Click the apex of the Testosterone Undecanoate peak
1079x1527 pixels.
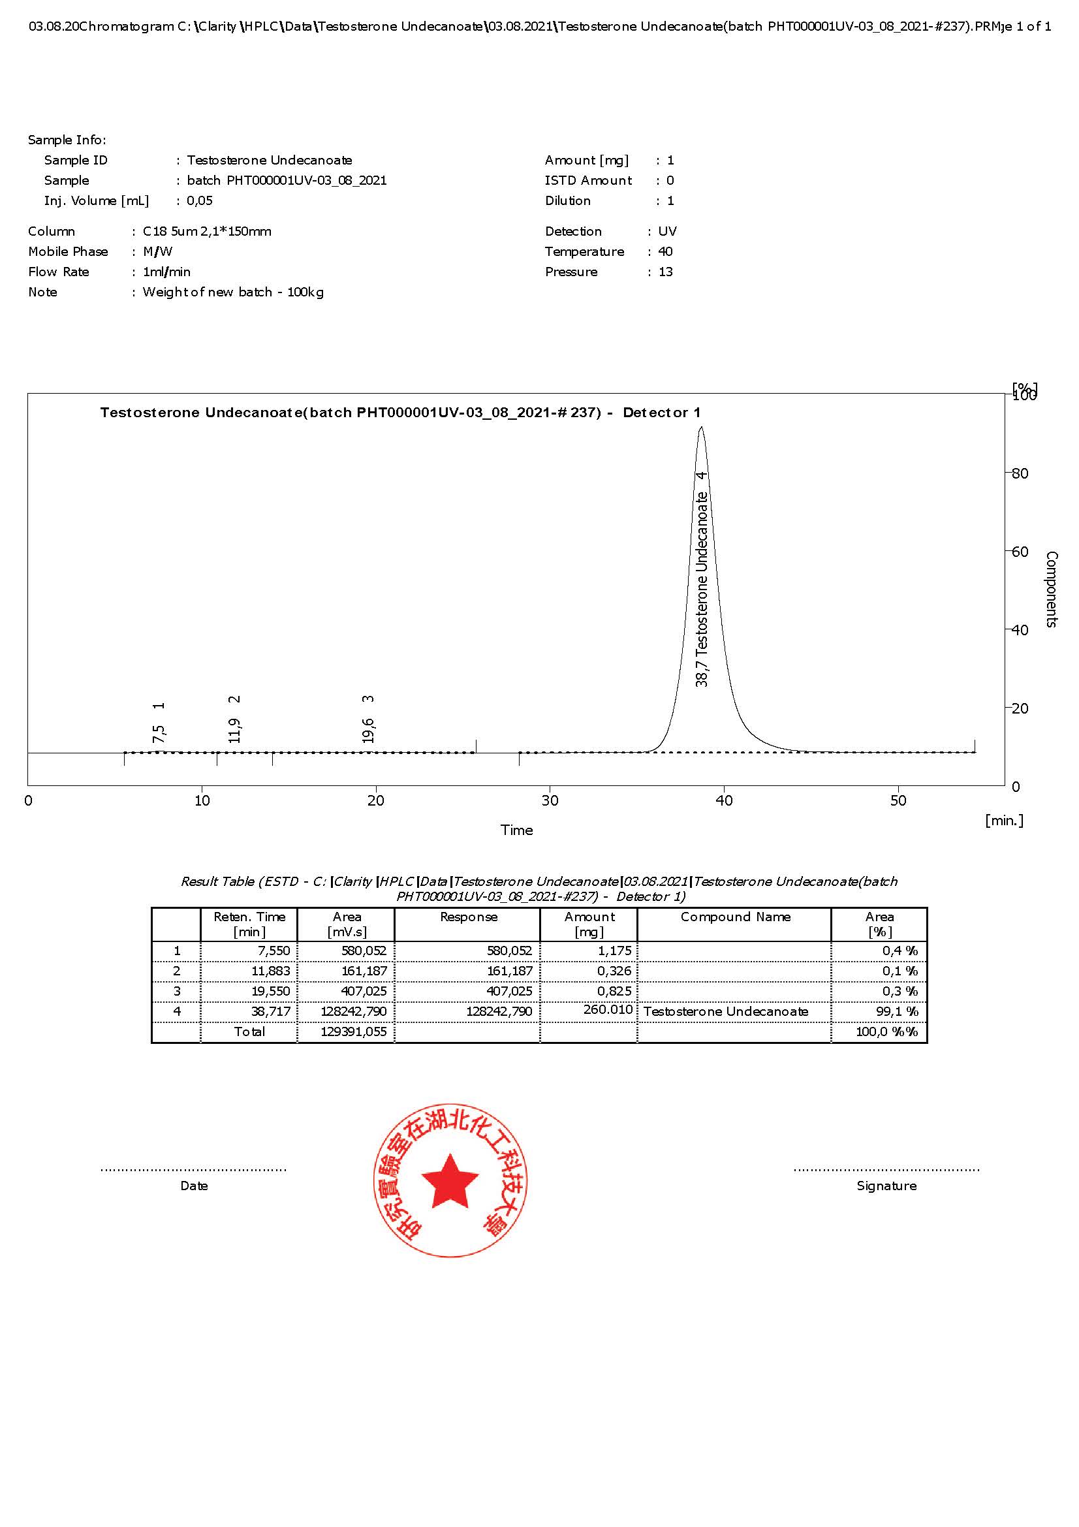pyautogui.click(x=700, y=428)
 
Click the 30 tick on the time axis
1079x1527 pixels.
pyautogui.click(x=550, y=801)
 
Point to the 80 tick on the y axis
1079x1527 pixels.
pyautogui.click(x=1019, y=473)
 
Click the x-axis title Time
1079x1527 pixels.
pyautogui.click(x=516, y=830)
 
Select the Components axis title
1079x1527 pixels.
pyautogui.click(x=1051, y=589)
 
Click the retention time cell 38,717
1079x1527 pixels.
pyautogui.click(x=271, y=1011)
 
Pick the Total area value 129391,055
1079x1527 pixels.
pyautogui.click(x=353, y=1031)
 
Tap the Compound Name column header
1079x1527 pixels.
pyautogui.click(x=735, y=917)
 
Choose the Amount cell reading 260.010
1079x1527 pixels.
pyautogui.click(x=608, y=1010)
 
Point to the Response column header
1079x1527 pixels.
pyautogui.click(x=469, y=917)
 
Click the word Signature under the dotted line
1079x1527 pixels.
pyautogui.click(x=886, y=1186)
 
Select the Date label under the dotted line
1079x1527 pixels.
pyautogui.click(x=194, y=1186)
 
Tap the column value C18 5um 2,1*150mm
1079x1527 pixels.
pyautogui.click(x=207, y=232)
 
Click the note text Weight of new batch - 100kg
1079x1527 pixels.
pyautogui.click(x=233, y=292)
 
